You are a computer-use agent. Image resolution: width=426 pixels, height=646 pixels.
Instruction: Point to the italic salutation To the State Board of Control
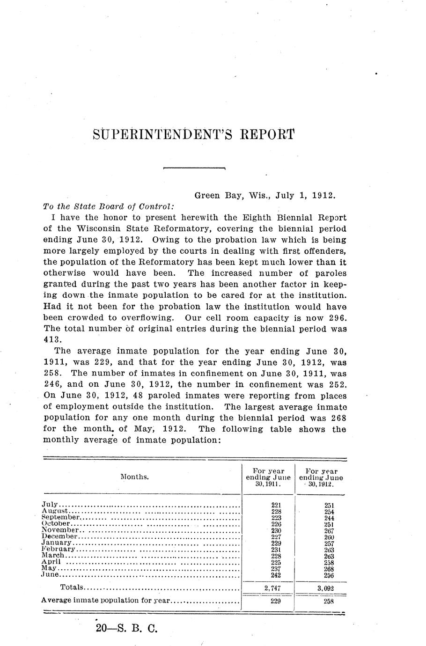[x=109, y=206]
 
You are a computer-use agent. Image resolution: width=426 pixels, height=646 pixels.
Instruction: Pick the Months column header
[x=135, y=477]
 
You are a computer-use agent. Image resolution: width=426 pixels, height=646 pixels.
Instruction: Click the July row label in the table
[x=50, y=505]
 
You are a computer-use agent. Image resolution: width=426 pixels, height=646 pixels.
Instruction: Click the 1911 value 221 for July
[x=276, y=505]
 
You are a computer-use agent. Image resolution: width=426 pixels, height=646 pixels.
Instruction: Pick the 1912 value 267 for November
[x=329, y=530]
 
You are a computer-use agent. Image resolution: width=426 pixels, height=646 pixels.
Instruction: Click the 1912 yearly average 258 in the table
[x=328, y=602]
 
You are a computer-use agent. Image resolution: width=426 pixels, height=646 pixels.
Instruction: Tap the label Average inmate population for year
[x=106, y=600]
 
